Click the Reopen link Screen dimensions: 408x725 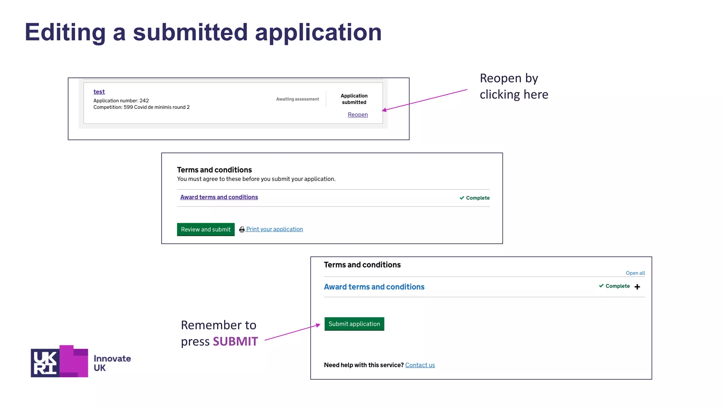358,114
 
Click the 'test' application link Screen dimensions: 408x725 99,92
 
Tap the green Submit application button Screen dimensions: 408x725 354,324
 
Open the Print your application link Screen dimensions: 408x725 274,229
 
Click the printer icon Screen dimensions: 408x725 242,229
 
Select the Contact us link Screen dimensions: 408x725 420,365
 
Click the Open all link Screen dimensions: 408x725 635,273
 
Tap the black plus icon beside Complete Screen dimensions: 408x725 637,287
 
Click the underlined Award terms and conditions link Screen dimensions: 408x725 219,197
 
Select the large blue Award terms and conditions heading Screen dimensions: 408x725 374,287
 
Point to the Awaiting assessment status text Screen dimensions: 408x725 297,99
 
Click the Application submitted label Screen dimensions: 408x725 354,99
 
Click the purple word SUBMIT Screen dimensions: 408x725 235,341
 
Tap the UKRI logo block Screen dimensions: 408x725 59,361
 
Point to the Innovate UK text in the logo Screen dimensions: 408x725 112,363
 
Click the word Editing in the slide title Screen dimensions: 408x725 65,32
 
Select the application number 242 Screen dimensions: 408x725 144,101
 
